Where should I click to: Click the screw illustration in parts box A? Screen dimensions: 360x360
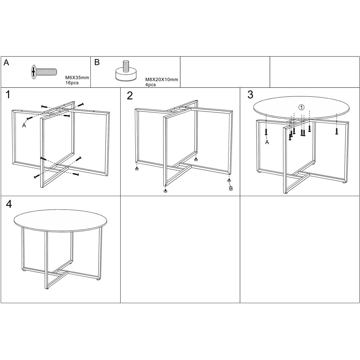click(x=44, y=72)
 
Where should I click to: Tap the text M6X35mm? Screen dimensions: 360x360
click(x=77, y=78)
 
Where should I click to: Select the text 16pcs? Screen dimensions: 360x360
click(x=72, y=83)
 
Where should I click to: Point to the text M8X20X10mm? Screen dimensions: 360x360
click(x=162, y=80)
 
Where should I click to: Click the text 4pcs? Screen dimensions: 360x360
click(x=150, y=85)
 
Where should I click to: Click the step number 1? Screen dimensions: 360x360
click(x=8, y=95)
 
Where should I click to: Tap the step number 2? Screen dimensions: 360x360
click(x=130, y=96)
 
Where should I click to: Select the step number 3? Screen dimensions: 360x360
click(x=250, y=95)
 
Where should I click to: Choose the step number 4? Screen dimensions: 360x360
click(x=9, y=204)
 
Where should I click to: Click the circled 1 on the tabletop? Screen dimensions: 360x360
click(x=301, y=107)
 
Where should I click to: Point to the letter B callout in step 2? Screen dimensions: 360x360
click(x=231, y=189)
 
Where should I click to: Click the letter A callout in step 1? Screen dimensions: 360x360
click(x=24, y=125)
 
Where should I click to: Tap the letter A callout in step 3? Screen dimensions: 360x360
click(x=267, y=142)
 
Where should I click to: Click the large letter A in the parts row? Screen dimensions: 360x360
click(x=6, y=62)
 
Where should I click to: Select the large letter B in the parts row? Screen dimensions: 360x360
click(x=97, y=62)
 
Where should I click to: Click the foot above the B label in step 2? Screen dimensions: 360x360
click(x=229, y=180)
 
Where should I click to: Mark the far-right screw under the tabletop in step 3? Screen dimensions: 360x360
click(x=337, y=131)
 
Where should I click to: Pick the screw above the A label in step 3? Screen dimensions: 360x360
click(x=266, y=132)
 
